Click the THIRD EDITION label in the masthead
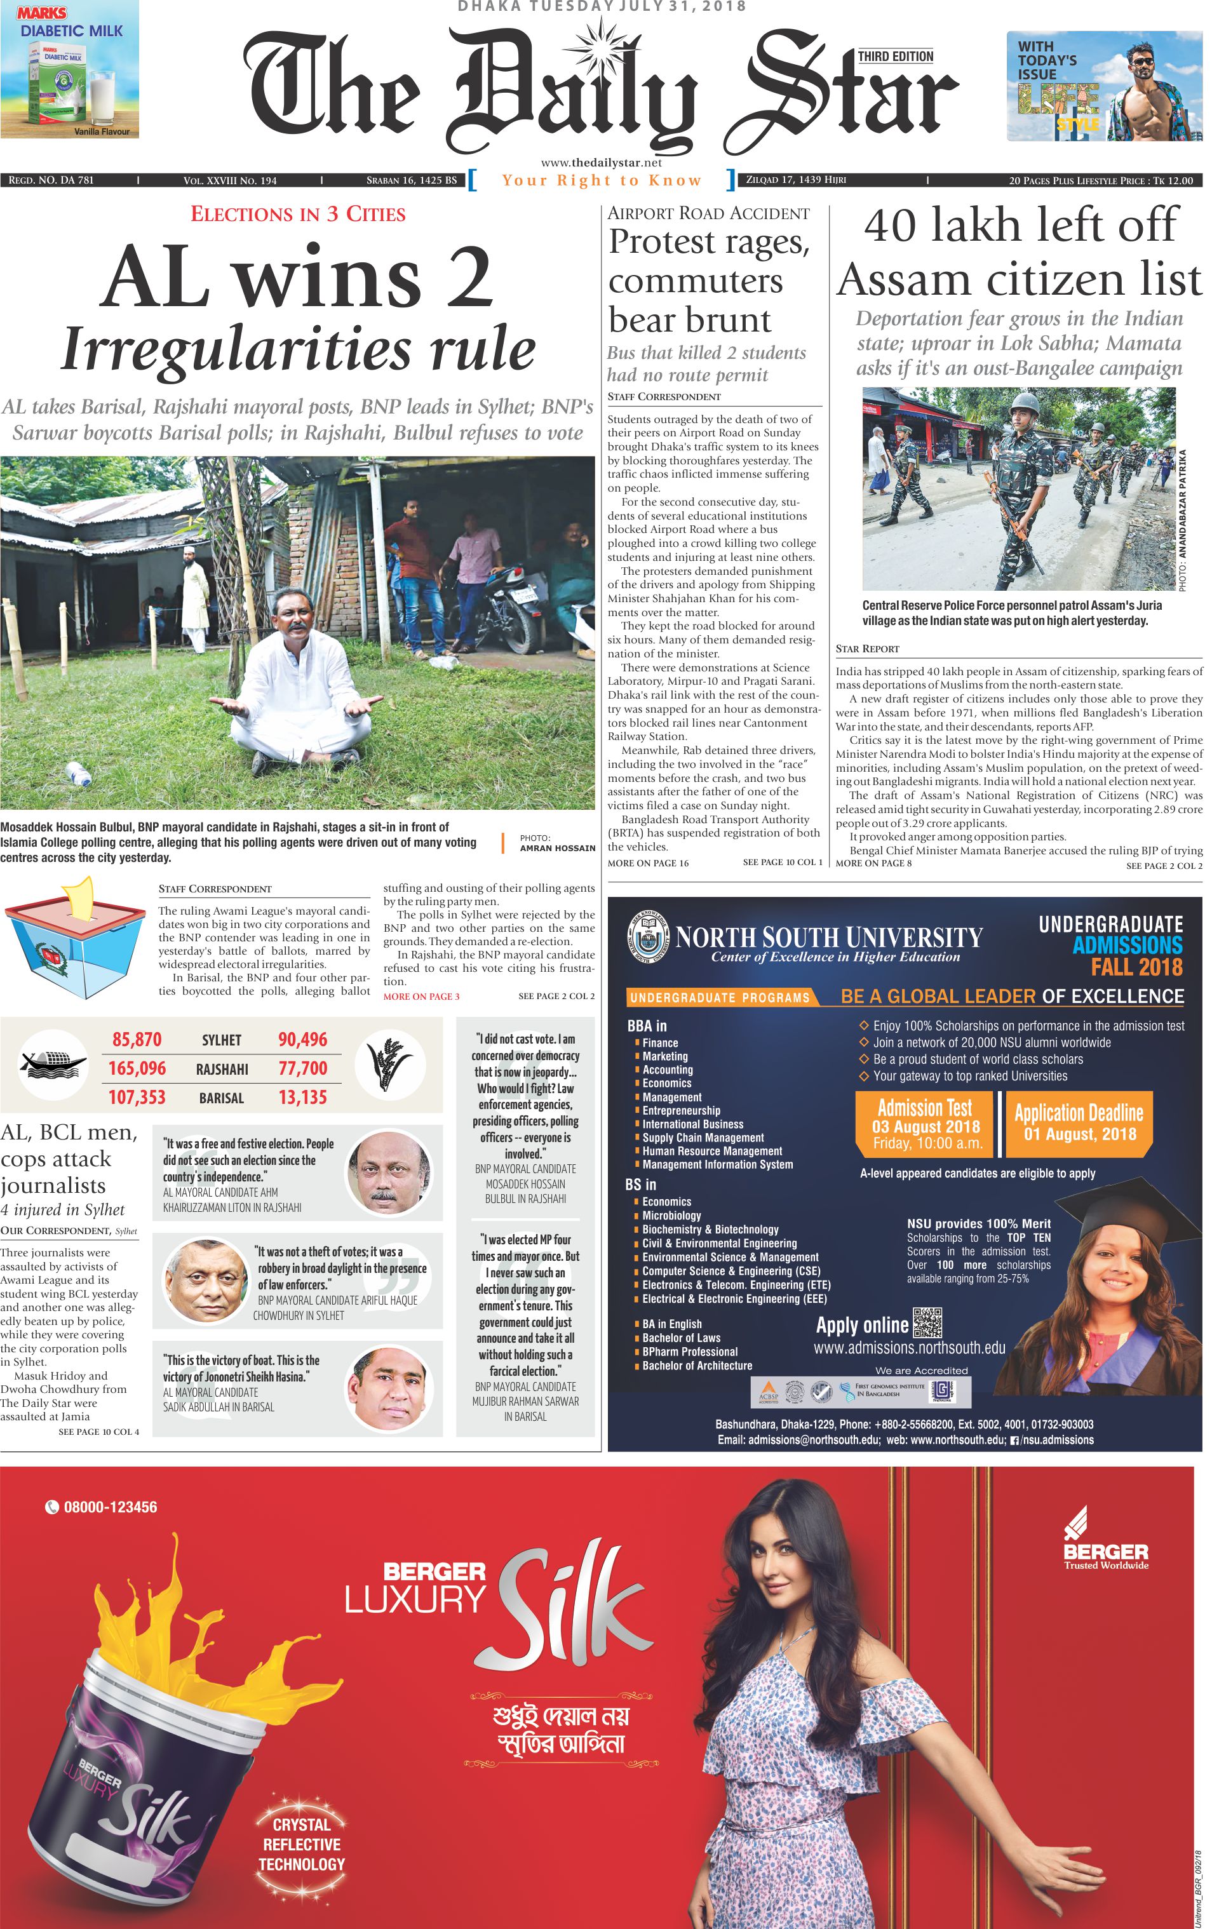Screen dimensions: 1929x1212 tap(895, 56)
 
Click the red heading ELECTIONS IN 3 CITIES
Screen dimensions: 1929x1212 tap(298, 214)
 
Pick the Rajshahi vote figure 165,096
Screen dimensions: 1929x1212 tap(137, 1068)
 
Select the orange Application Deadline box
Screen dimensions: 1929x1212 tap(1078, 1123)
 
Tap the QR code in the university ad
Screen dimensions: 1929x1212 tap(927, 1322)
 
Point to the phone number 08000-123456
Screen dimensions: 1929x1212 tap(110, 1507)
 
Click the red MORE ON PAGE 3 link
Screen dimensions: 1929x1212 tap(421, 997)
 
